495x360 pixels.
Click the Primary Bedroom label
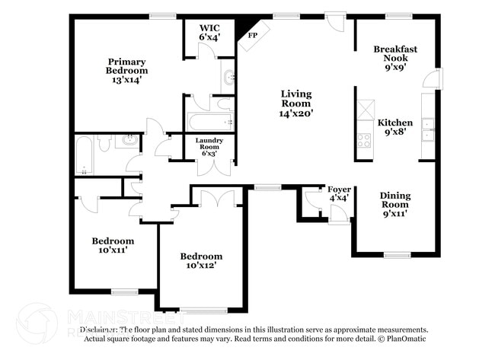pyautogui.click(x=126, y=70)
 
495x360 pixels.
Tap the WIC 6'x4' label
pyautogui.click(x=209, y=32)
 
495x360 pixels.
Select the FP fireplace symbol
pyautogui.click(x=252, y=35)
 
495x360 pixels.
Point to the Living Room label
pyautogui.click(x=295, y=103)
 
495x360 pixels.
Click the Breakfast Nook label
pyautogui.click(x=395, y=58)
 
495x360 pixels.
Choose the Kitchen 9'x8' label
pyautogui.click(x=395, y=127)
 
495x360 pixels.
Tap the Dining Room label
pyautogui.click(x=395, y=205)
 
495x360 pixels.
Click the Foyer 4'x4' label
pyautogui.click(x=338, y=193)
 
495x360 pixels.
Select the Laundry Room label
pyautogui.click(x=209, y=147)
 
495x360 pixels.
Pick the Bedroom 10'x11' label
pyautogui.click(x=112, y=245)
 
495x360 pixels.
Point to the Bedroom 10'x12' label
pyautogui.click(x=201, y=261)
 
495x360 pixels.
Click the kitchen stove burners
pyautogui.click(x=364, y=140)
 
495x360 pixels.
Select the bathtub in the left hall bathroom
pyautogui.click(x=85, y=155)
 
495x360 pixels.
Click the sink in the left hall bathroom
pyautogui.click(x=129, y=140)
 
